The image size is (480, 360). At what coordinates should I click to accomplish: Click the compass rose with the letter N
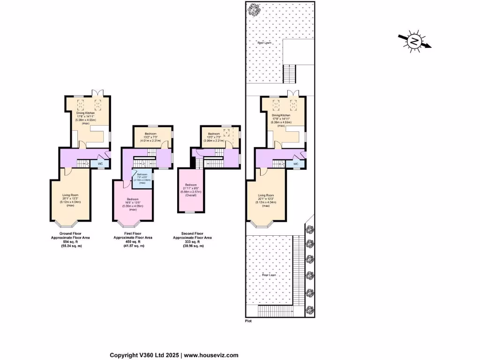click(414, 42)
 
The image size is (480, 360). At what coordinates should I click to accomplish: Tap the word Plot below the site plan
click(249, 321)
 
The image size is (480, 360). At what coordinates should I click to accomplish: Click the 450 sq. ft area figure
click(133, 242)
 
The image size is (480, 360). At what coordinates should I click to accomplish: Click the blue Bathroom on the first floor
click(142, 179)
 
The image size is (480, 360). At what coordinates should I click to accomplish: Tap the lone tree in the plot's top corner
click(255, 9)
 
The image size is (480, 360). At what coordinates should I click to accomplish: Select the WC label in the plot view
click(295, 164)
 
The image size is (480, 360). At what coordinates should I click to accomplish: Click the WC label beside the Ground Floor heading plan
click(100, 164)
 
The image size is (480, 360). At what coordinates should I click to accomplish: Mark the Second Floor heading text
click(193, 233)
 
